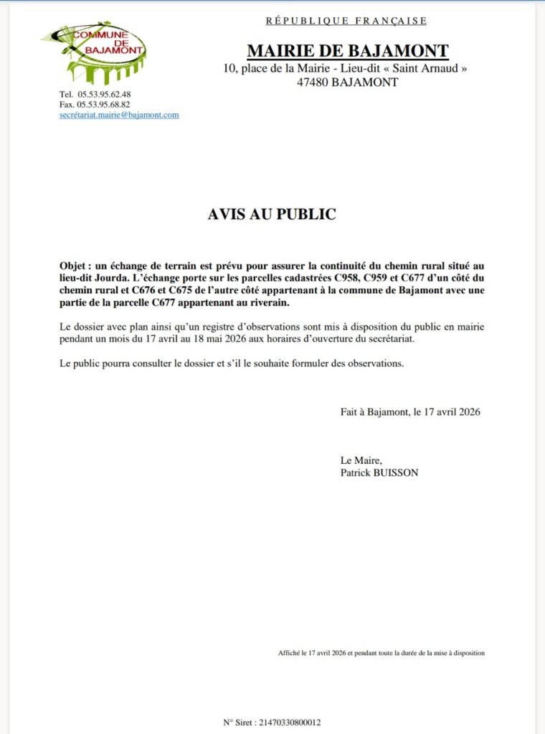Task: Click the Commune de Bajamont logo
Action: (95, 52)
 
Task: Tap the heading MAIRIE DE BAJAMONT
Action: (347, 51)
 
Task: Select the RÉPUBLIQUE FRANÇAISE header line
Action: (346, 21)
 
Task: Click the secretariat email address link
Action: (119, 115)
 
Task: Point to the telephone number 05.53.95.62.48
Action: (104, 94)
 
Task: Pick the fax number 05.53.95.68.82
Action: (104, 105)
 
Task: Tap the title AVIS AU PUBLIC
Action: (272, 214)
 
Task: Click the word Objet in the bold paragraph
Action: (75, 265)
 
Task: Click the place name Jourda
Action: (105, 278)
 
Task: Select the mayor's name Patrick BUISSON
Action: (379, 472)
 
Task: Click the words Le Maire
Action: (361, 460)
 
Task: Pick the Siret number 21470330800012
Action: (287, 723)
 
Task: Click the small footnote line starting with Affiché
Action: (381, 653)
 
